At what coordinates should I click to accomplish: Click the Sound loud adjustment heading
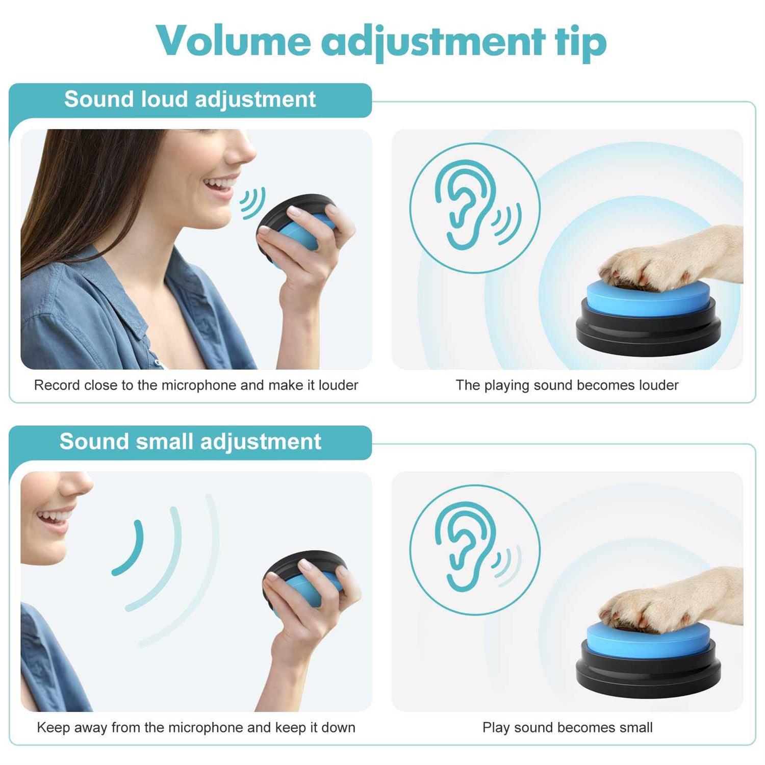190,99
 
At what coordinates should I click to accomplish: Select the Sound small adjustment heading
190,441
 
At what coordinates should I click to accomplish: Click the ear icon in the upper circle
464,204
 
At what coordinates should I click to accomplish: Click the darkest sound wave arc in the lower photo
130,548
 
